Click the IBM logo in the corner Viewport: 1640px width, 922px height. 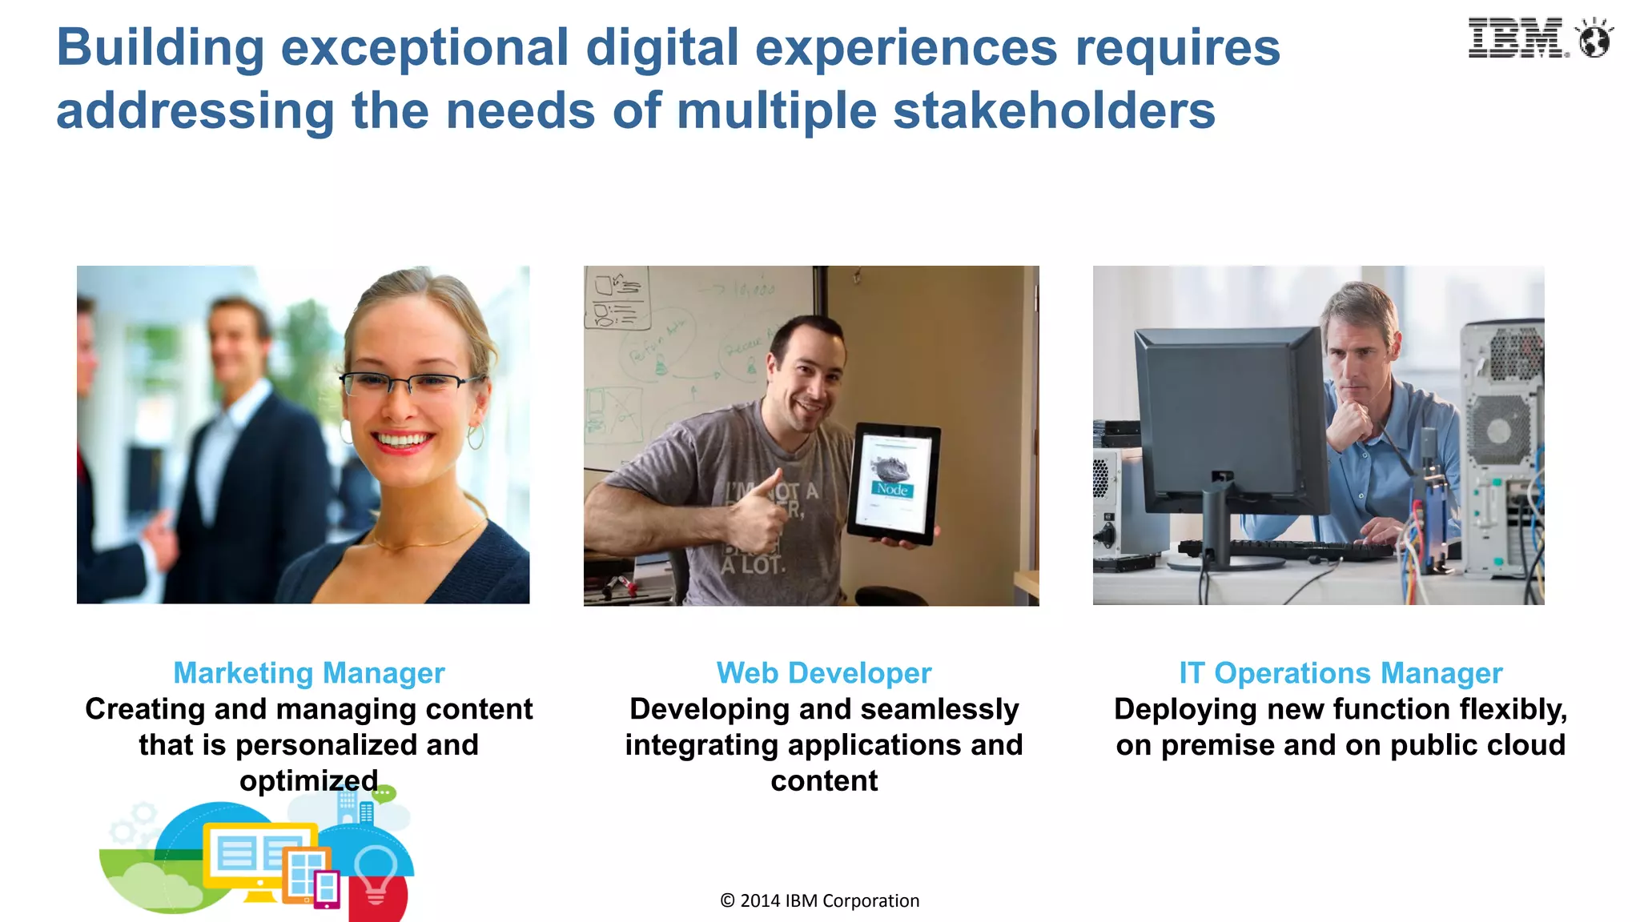[1517, 38]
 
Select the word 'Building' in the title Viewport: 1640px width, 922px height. [160, 48]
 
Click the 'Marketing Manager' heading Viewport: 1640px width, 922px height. [309, 673]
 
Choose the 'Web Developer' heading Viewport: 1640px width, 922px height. [824, 673]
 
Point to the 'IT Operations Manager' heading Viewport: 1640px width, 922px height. [1341, 673]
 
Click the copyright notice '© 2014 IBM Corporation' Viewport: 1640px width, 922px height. [819, 900]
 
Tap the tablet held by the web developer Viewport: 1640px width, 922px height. [894, 483]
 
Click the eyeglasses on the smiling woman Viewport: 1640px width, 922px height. [408, 384]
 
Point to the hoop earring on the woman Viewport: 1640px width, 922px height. [476, 437]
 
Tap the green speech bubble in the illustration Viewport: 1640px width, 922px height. [384, 793]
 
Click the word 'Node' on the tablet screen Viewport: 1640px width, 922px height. [892, 489]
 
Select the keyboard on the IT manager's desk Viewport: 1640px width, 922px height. [1281, 549]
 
